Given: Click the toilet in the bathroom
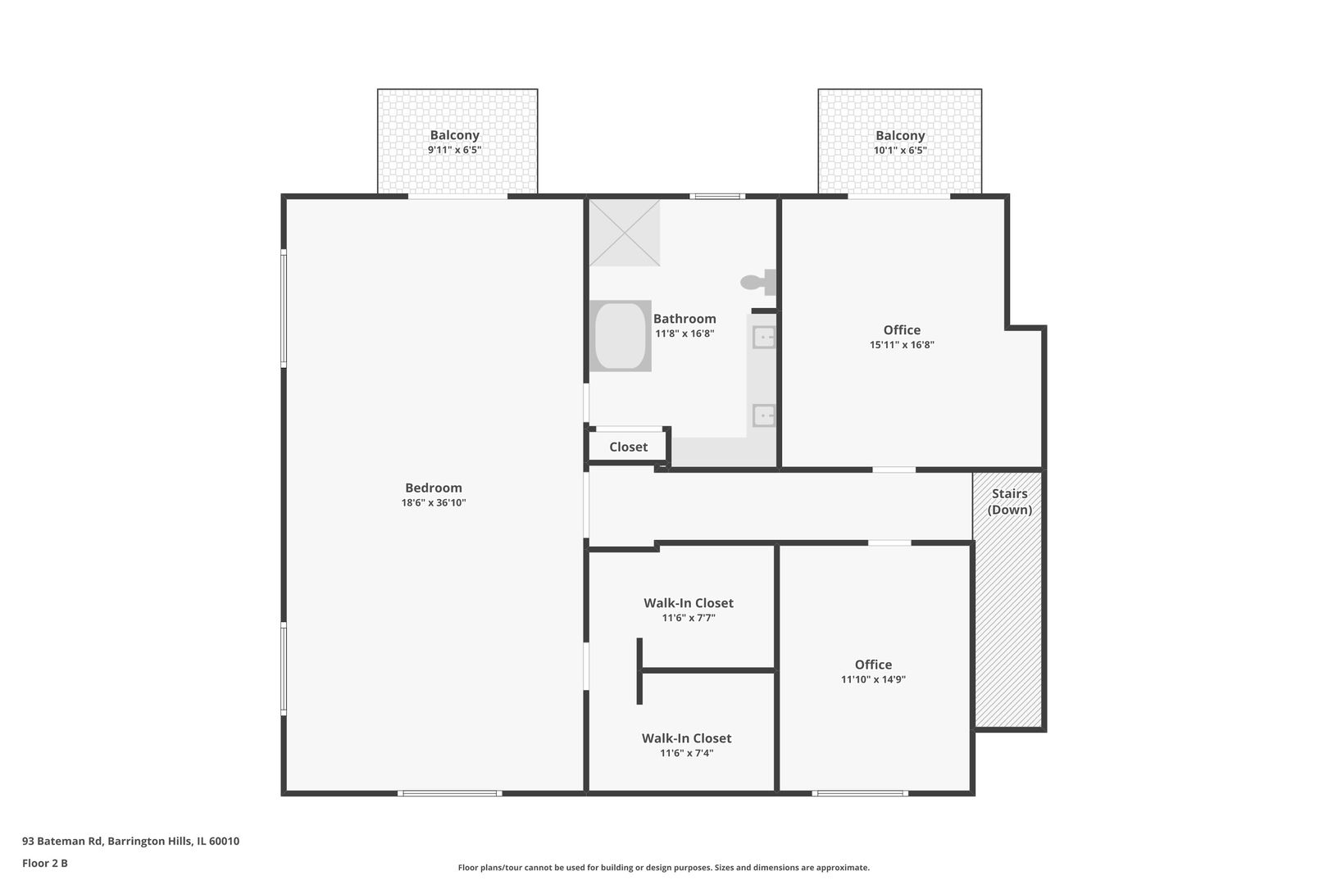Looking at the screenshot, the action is tap(759, 282).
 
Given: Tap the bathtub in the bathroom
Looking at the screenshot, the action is tap(620, 336).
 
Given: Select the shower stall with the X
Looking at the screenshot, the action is tap(625, 233).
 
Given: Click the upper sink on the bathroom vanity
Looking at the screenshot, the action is tap(764, 338).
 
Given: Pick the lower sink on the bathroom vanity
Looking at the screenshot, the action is tap(764, 415).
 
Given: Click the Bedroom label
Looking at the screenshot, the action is tap(434, 488).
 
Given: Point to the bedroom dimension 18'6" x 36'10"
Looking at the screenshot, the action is tap(434, 502).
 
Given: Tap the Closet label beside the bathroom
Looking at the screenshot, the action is tap(629, 447).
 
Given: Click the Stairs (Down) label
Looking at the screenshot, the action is tap(1010, 501).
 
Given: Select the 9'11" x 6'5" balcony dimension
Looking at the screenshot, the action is tap(455, 150).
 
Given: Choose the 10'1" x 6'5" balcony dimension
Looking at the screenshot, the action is tap(900, 151).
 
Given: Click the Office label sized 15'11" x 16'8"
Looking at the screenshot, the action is tap(902, 330).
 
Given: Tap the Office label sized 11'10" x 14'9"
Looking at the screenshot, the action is tap(873, 665).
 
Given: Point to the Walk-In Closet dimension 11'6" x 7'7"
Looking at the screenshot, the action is tap(689, 618).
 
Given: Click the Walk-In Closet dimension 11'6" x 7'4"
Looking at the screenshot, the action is tap(686, 753).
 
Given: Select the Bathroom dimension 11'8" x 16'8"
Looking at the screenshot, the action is tap(684, 334).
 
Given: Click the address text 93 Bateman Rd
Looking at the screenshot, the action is tap(63, 841).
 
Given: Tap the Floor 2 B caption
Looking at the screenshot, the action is tap(45, 863).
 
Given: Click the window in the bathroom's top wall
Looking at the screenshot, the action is tap(716, 196).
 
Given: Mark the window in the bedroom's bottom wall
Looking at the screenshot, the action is tap(449, 793).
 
